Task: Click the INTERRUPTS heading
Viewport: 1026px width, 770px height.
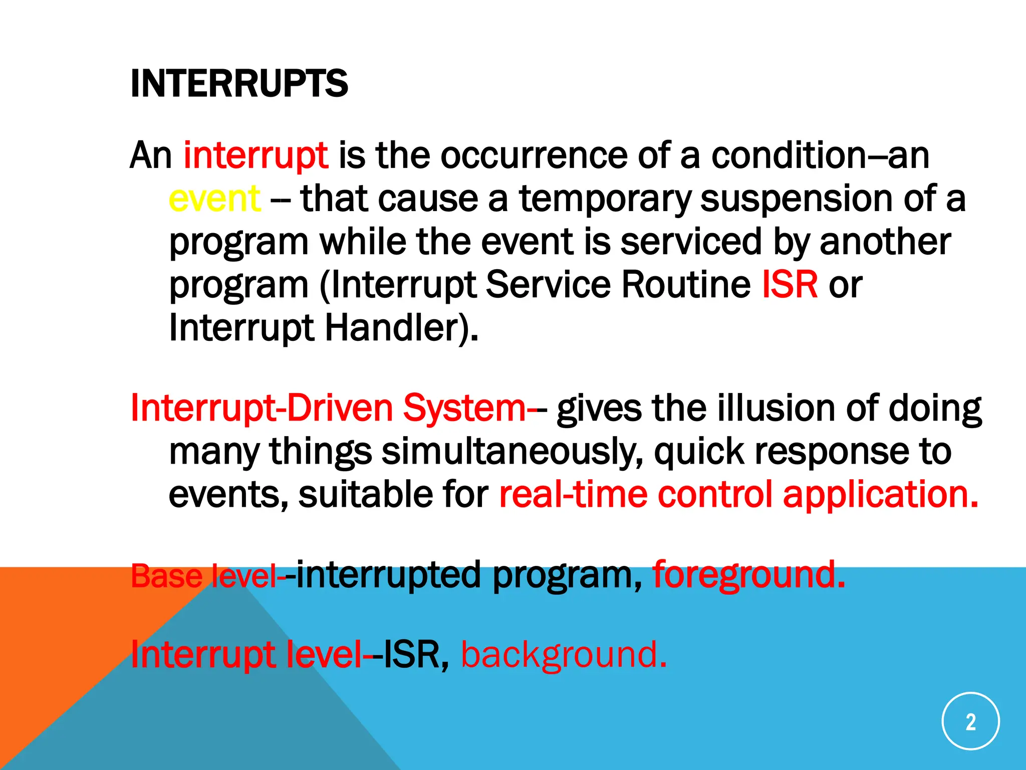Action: point(238,83)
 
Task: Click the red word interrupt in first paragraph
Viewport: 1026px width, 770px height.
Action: point(255,155)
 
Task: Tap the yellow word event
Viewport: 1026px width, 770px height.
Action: point(214,199)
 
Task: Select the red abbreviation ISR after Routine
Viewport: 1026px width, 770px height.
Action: point(790,285)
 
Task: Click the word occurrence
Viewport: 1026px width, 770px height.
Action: point(534,155)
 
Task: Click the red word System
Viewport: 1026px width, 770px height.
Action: point(464,408)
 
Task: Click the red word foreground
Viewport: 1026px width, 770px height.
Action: point(748,574)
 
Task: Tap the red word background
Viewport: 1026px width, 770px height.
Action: point(563,655)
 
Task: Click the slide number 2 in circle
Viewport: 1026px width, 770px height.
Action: point(970,721)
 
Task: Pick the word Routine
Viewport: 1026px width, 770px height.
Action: point(686,285)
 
